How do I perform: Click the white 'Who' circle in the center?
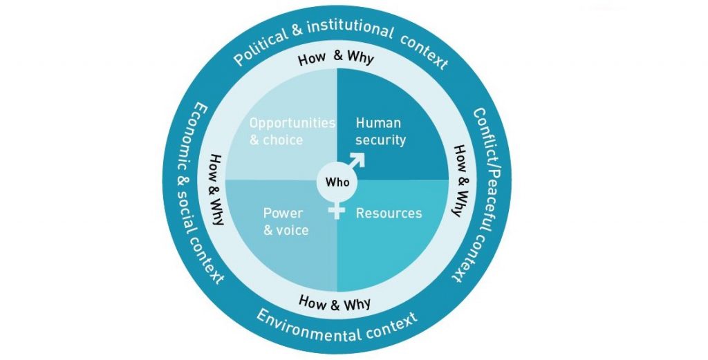pos(337,183)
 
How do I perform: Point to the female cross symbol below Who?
pos(337,210)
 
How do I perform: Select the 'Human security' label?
pos(380,131)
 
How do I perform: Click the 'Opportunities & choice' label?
pos(291,131)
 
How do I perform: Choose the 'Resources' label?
pos(388,214)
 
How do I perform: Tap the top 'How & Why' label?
pos(336,57)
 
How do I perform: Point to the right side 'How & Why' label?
pos(456,180)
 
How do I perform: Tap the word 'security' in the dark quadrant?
pos(380,140)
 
